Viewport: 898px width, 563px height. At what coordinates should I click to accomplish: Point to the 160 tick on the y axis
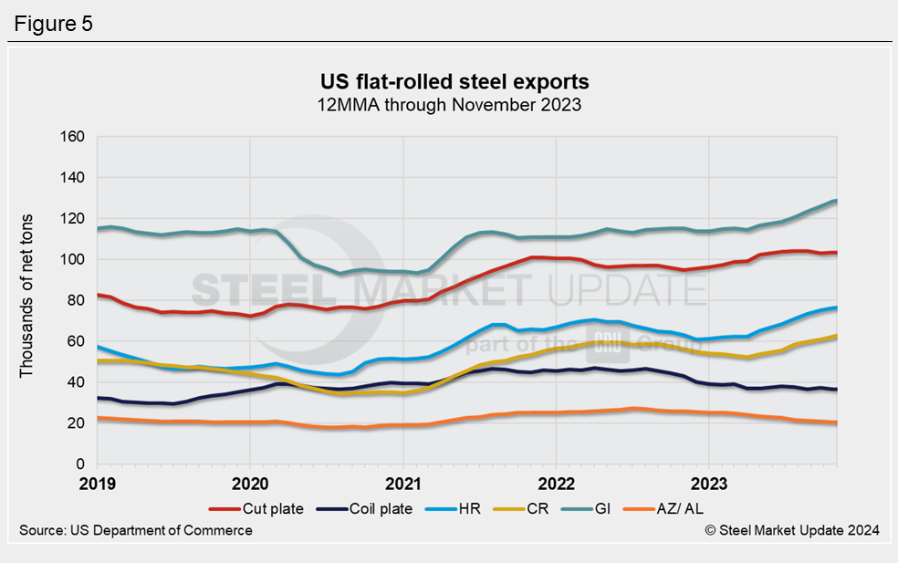[x=72, y=137]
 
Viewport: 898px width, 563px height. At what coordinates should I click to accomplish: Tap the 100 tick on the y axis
[x=72, y=260]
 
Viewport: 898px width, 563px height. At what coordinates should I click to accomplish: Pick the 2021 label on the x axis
[x=402, y=483]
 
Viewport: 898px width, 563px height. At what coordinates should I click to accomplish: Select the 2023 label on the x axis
[x=710, y=483]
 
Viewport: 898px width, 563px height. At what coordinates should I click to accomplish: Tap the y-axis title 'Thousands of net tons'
[x=26, y=301]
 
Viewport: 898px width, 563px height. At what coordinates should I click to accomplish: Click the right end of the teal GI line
[x=836, y=201]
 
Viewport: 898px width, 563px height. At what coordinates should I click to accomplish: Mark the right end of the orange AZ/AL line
[x=836, y=422]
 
